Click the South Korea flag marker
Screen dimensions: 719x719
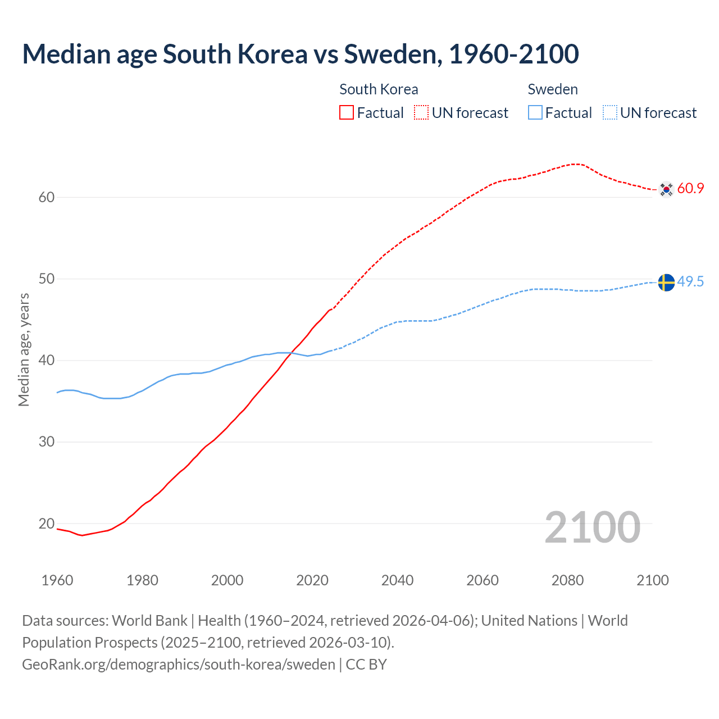666,189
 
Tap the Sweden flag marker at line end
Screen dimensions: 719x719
666,282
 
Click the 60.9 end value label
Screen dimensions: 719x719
690,188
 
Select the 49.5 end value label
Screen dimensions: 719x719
690,281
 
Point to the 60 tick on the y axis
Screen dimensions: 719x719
47,197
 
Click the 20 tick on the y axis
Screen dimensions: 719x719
47,524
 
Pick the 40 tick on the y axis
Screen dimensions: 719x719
47,360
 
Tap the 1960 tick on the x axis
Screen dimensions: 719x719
57,580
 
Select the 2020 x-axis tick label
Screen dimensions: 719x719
312,580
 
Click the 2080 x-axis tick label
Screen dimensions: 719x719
567,580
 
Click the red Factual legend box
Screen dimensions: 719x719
347,113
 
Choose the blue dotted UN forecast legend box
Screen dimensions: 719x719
610,113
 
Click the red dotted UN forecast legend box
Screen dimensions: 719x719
421,113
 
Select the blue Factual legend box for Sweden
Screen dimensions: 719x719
535,113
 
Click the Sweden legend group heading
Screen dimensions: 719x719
553,89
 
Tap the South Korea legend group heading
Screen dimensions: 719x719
379,89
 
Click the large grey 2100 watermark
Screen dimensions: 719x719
593,527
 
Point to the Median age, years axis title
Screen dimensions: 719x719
24,349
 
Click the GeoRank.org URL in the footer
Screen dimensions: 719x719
179,665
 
